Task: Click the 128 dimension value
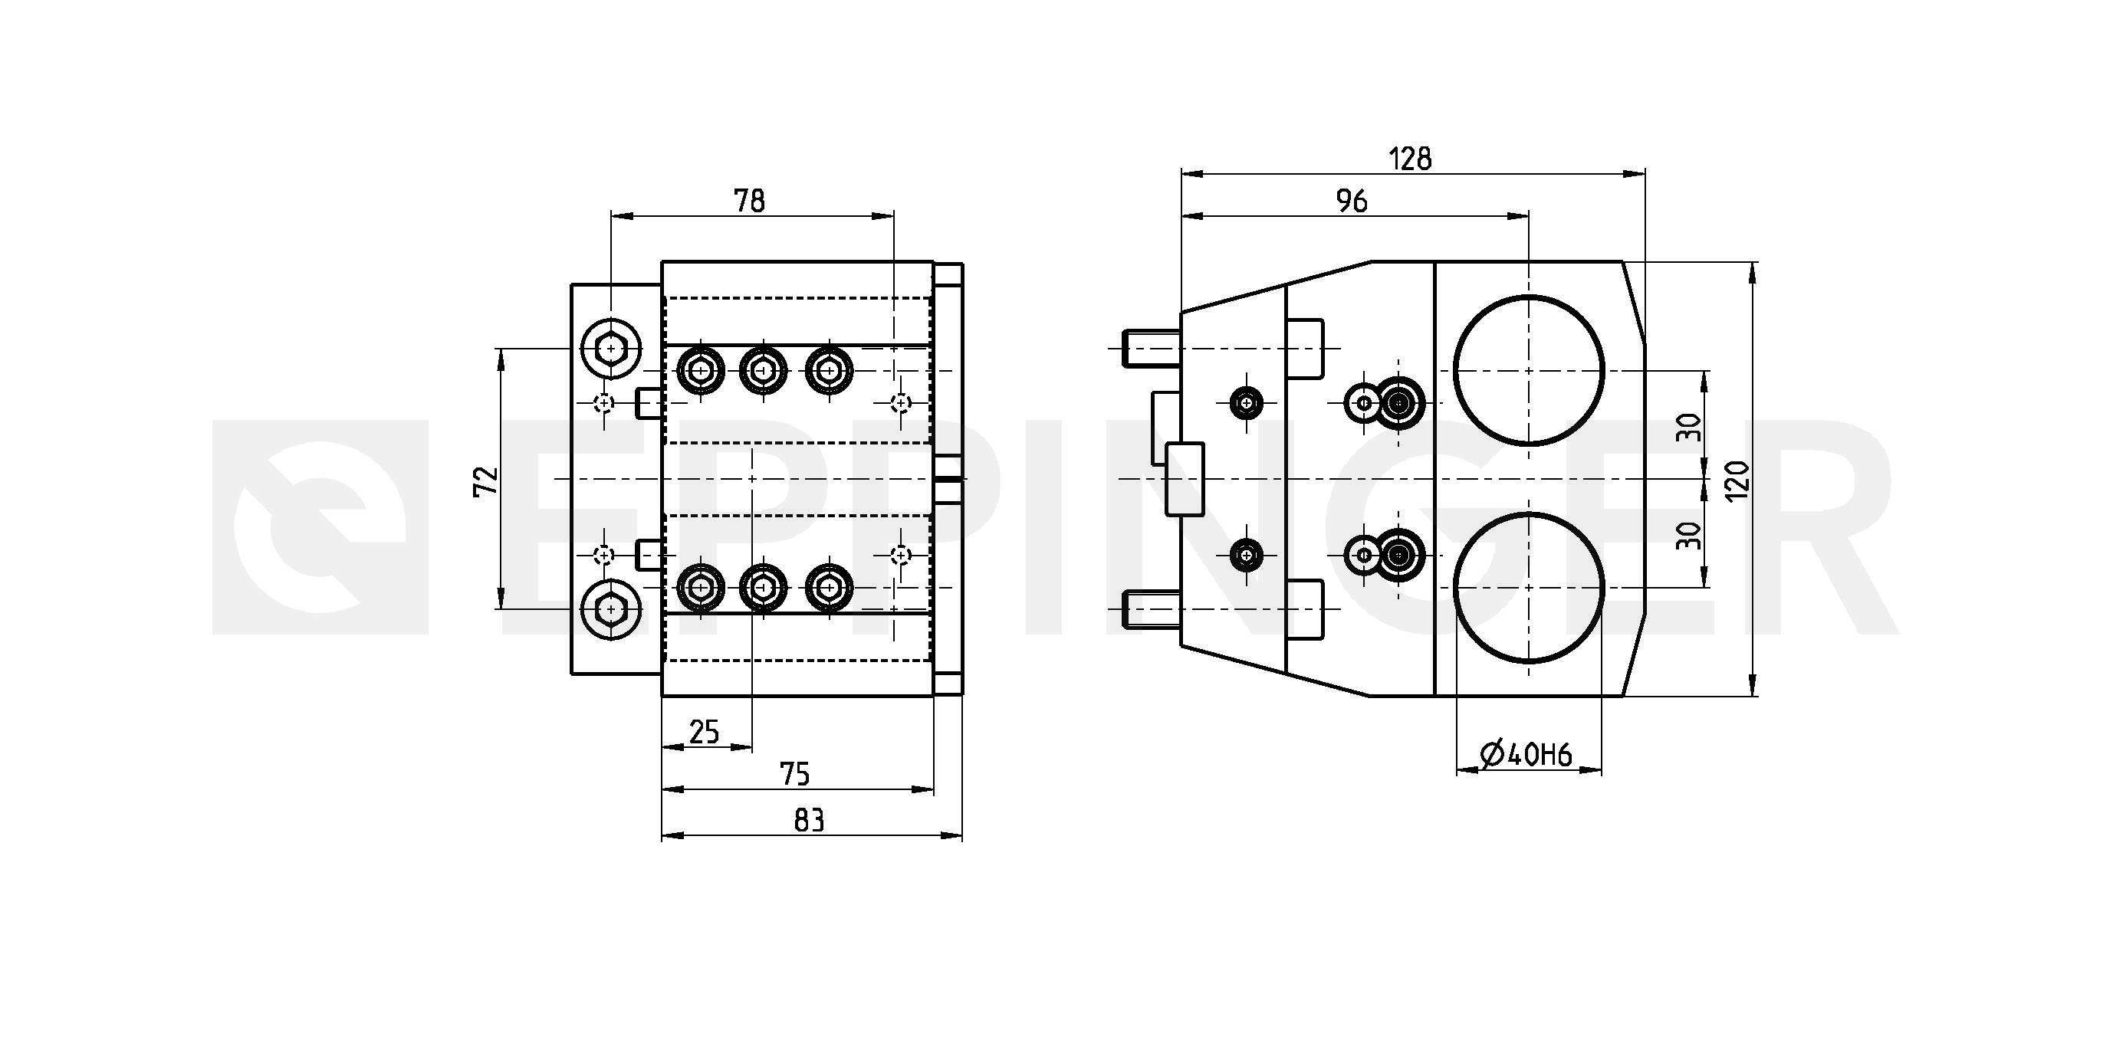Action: (1409, 158)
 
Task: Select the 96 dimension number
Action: (1351, 201)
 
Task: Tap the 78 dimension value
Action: (749, 201)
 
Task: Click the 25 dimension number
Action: (705, 731)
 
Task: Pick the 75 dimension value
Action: (794, 774)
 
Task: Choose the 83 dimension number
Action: (809, 820)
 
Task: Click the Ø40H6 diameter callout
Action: (1526, 754)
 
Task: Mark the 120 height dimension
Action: (1737, 480)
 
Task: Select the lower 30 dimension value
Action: (1689, 536)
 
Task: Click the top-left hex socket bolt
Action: (610, 349)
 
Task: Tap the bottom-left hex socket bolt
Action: (610, 609)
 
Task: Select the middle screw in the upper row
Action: (764, 372)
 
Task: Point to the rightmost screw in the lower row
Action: (830, 588)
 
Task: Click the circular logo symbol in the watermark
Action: (320, 527)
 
